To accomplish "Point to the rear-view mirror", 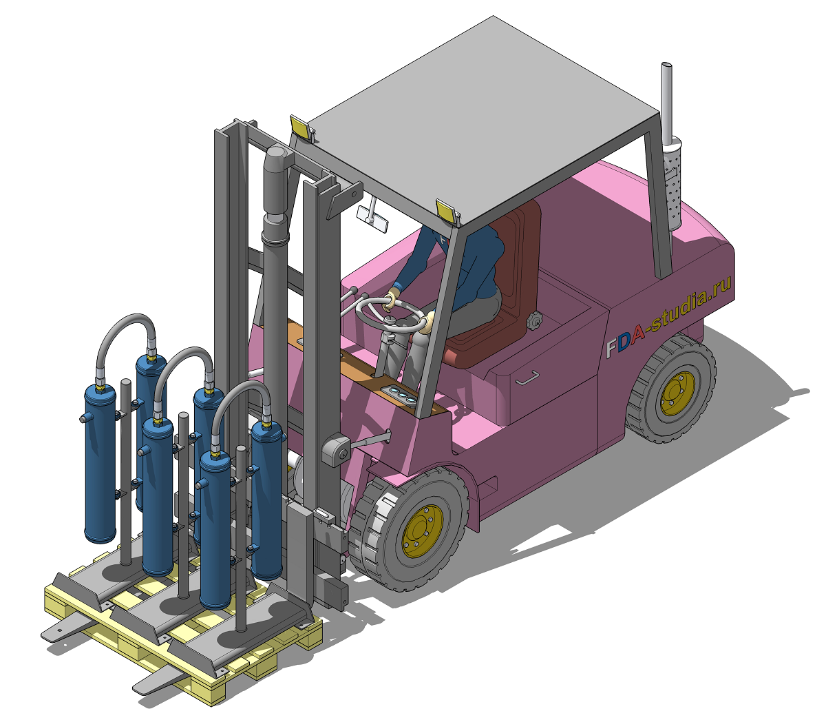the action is tap(372, 219).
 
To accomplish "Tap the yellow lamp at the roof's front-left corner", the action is tap(300, 125).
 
